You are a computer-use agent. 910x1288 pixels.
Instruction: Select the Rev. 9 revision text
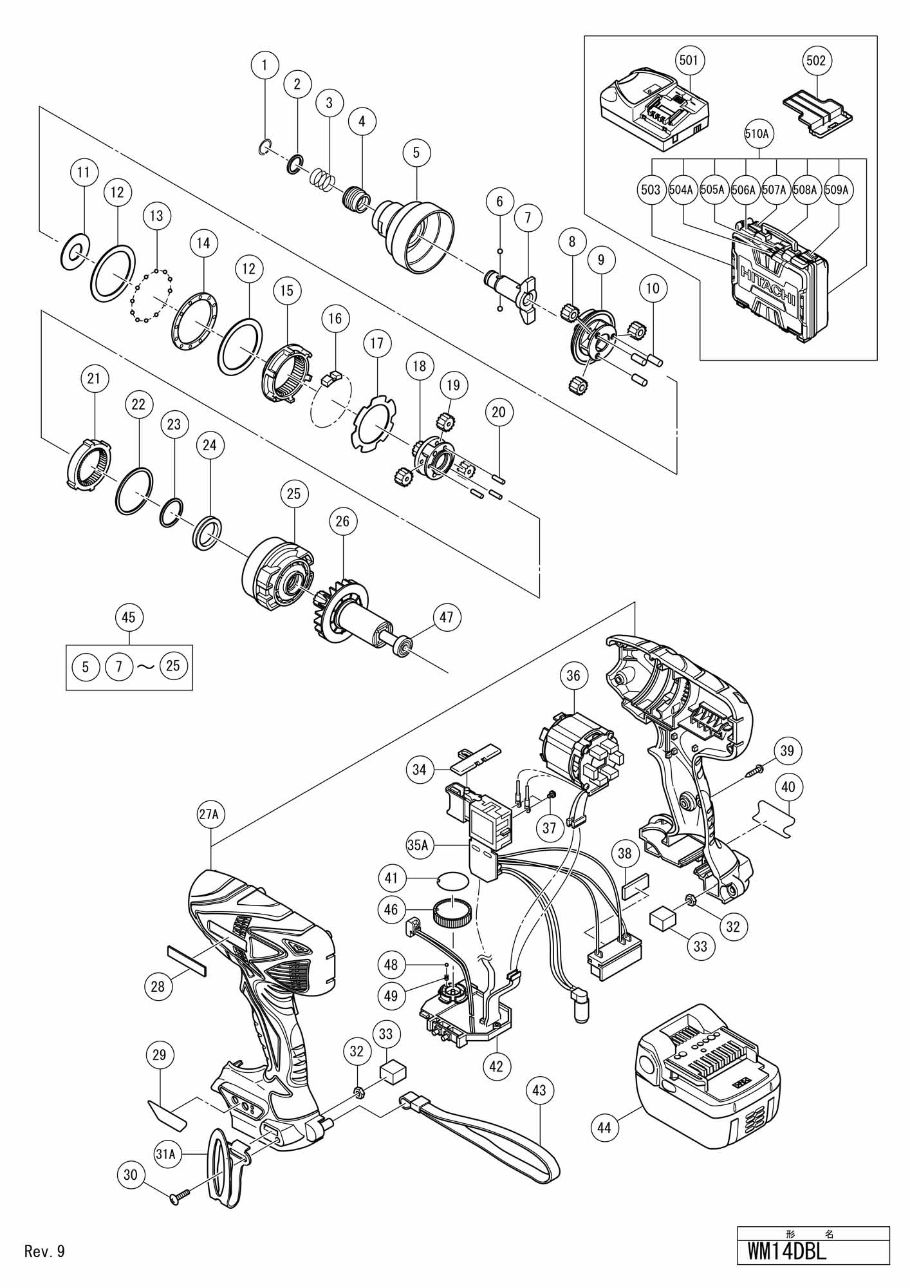[44, 1251]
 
